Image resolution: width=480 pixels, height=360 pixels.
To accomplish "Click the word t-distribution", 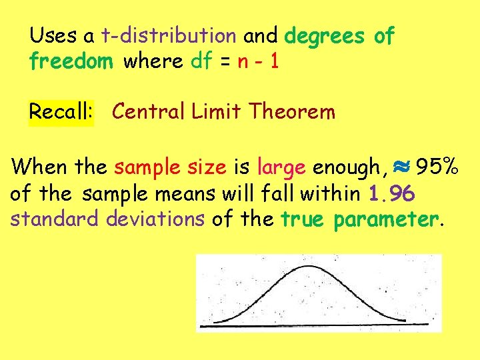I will (x=169, y=35).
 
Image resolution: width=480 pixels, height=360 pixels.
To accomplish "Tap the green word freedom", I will (x=71, y=61).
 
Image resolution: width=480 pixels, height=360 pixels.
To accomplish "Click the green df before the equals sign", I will (x=201, y=61).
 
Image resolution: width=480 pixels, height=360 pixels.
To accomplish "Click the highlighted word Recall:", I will (x=61, y=111).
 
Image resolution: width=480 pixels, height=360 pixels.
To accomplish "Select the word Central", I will (x=149, y=111).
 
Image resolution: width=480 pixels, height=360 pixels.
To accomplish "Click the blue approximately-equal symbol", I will (x=401, y=167).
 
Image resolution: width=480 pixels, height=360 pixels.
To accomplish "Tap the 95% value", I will (x=437, y=166).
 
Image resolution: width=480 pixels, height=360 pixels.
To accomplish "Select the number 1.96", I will (x=392, y=193).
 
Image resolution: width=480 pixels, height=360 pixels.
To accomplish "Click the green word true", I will (x=303, y=219).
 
